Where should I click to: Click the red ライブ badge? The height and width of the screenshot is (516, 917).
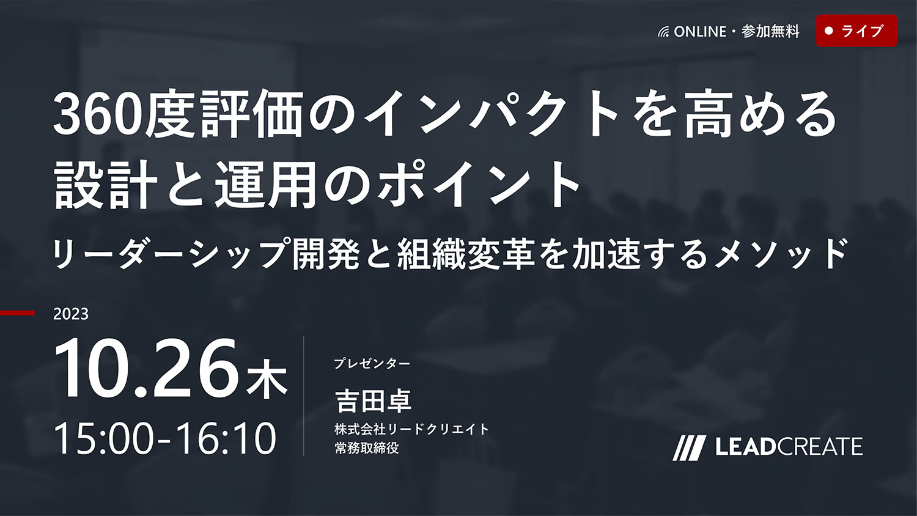(x=856, y=31)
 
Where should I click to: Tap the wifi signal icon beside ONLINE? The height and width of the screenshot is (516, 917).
(x=663, y=32)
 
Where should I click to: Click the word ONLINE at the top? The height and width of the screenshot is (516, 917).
(x=700, y=32)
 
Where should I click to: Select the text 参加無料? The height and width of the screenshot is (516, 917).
(x=770, y=32)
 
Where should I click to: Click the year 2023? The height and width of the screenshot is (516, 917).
(x=71, y=314)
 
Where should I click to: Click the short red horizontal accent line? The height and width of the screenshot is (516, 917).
(x=17, y=313)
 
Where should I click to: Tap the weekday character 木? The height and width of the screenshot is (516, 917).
(x=267, y=380)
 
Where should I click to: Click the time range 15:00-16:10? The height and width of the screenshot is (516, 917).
(x=164, y=438)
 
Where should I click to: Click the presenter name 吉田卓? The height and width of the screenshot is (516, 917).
(x=374, y=401)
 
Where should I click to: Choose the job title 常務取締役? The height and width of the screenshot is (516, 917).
(x=366, y=448)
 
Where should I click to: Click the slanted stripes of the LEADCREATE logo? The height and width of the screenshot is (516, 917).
(x=688, y=448)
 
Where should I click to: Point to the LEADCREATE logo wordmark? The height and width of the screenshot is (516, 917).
(x=789, y=447)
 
